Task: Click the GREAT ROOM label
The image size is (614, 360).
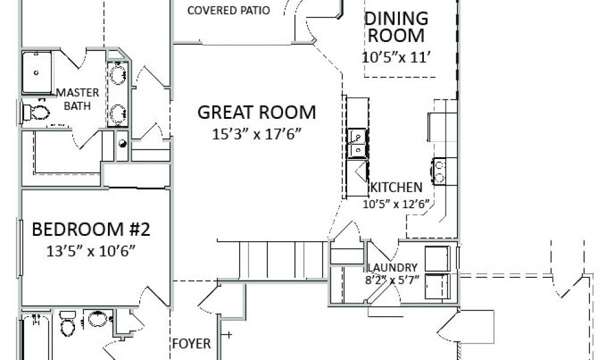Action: (257, 112)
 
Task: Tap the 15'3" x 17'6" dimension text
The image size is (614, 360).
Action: (257, 134)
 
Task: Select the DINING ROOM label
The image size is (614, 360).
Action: (396, 27)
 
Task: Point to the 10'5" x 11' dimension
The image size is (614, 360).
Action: (396, 57)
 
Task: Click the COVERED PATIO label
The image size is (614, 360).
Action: (228, 11)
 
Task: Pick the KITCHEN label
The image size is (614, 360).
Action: (396, 187)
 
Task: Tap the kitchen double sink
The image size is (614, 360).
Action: (357, 143)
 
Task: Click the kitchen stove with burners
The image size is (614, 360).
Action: (440, 171)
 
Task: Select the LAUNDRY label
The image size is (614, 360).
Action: (392, 268)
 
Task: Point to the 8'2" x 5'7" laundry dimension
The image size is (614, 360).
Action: (392, 280)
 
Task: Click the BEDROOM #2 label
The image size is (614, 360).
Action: (91, 230)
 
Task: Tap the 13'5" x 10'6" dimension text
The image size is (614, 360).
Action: (91, 251)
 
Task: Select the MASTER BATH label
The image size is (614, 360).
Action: (77, 99)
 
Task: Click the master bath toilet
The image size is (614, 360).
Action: (36, 112)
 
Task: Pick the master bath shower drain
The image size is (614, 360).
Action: (37, 73)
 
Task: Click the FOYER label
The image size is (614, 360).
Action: (191, 344)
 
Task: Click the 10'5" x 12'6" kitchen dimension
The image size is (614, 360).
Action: (396, 204)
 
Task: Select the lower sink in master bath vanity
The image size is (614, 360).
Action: (118, 113)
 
